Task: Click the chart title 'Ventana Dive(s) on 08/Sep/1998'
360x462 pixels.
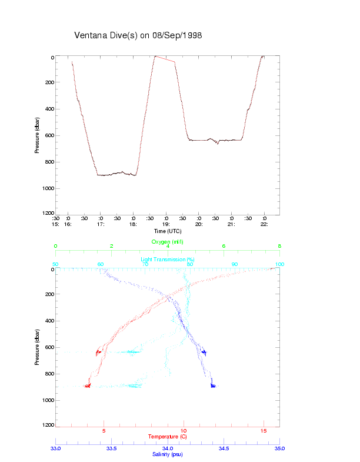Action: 138,35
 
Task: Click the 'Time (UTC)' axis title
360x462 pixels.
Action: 167,231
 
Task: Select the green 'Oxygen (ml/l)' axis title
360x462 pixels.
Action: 168,242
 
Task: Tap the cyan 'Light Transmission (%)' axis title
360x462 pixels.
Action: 168,260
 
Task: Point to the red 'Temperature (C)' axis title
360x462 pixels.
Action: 168,437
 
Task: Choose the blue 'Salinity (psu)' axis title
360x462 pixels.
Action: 168,454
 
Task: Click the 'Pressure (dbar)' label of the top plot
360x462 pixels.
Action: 37,135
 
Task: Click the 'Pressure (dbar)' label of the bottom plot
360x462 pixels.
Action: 37,347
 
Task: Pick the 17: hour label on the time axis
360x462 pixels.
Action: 101,224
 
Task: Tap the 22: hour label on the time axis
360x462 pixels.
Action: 264,224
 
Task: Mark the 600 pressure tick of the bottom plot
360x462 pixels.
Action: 49,348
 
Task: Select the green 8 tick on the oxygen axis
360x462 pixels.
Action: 279,247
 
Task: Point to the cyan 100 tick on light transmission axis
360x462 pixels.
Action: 279,264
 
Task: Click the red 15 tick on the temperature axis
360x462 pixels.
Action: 264,431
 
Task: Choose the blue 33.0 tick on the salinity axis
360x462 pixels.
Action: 56,448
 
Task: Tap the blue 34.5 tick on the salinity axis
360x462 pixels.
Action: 224,448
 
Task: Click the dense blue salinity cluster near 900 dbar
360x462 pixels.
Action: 213,386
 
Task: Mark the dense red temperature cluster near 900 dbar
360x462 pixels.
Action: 87,386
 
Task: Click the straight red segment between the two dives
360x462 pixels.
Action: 165,59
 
